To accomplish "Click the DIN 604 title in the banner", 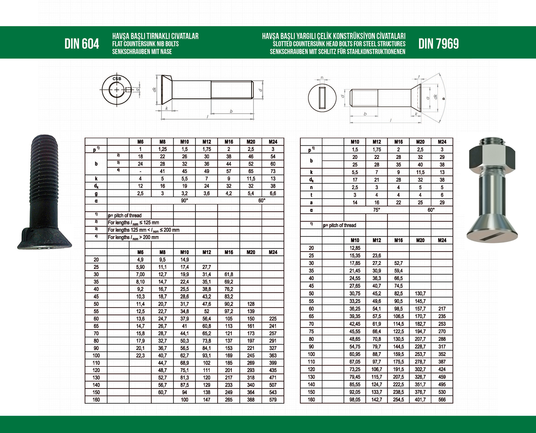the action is (82, 44).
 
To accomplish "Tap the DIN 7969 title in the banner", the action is (438, 44).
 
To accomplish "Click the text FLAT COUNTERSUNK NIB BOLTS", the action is (145, 44).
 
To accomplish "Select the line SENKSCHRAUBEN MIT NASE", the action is (142, 52).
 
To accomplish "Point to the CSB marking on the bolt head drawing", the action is (117, 79).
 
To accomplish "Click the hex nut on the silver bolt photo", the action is (492, 157).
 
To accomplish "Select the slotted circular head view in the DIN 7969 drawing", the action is (322, 98).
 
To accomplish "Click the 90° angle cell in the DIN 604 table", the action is (184, 201).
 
